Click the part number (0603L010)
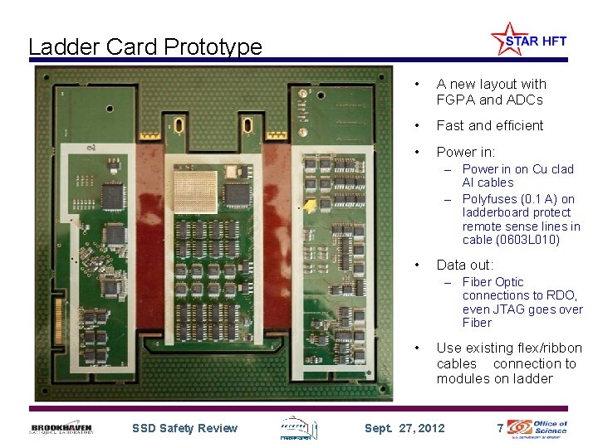529,240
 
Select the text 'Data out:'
464,265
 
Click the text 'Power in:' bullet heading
465,152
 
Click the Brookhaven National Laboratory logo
62,428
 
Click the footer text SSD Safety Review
184,428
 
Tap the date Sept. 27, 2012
404,428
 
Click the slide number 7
499,428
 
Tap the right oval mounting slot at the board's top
247,126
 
